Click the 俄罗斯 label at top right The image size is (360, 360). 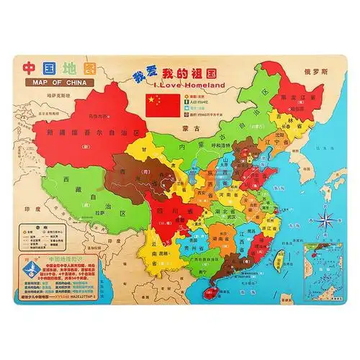[325, 73]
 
